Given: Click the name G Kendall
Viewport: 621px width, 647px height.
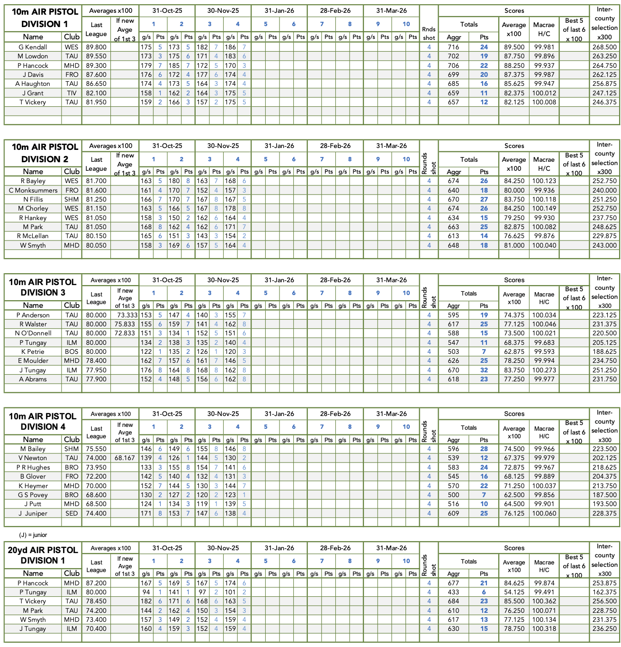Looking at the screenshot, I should (33, 47).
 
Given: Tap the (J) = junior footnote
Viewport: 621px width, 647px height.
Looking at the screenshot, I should (33, 535).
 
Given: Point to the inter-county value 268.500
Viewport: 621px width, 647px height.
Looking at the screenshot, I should (604, 47).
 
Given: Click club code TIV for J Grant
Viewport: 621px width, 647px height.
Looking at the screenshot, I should (72, 93).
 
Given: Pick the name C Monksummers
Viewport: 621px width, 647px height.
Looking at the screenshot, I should (33, 190).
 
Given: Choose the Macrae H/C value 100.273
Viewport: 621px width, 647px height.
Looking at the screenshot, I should (544, 370).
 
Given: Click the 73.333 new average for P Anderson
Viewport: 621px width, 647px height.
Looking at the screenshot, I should (126, 315).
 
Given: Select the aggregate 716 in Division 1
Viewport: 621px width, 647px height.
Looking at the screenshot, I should (453, 47).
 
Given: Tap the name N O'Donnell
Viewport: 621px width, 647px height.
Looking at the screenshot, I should (33, 333).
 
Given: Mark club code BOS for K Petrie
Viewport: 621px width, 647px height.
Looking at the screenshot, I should (72, 351).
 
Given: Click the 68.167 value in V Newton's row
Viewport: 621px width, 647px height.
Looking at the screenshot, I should (125, 458).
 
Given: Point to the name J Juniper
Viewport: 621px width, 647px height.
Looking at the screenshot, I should (33, 513).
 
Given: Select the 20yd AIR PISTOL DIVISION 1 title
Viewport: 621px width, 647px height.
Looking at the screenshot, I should (43, 555).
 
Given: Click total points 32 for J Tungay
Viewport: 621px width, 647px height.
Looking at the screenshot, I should (484, 370).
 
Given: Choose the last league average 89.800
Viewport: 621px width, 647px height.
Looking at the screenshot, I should (96, 47).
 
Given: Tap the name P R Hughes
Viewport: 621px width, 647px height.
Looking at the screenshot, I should (33, 467).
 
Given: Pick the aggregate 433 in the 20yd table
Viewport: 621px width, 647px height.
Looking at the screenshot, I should (453, 592).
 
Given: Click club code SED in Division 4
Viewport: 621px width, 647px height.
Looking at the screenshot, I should (72, 513).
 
